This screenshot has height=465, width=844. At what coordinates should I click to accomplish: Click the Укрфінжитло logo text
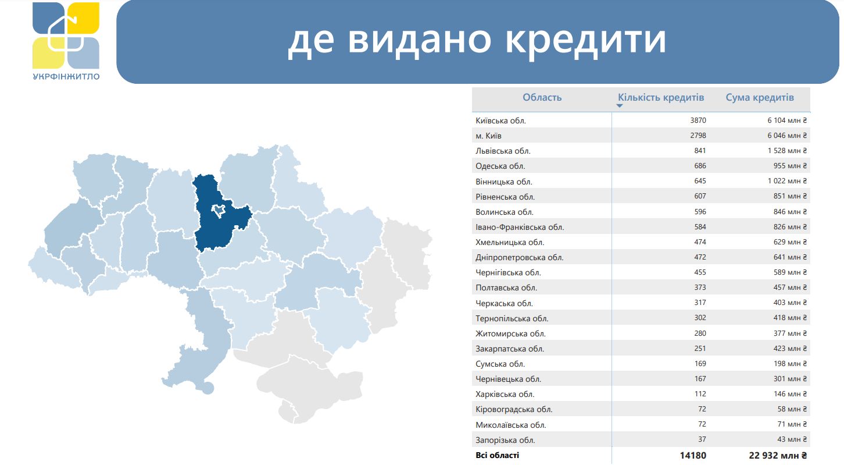coord(66,77)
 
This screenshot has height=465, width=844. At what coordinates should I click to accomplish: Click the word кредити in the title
coord(585,40)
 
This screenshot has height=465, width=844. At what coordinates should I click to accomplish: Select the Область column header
coord(542,97)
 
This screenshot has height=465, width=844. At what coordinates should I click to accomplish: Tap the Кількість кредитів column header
coord(661,97)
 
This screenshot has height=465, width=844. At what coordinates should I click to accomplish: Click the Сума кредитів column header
coord(760,97)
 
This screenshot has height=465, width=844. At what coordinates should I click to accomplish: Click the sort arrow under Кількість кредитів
coord(620,106)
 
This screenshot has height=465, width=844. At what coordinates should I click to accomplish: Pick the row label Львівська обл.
coord(503,151)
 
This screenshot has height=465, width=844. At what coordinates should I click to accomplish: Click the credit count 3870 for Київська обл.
coord(698,120)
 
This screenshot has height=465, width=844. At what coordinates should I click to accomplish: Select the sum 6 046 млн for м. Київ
coord(787,136)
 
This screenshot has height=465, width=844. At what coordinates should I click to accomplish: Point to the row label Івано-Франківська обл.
coord(520,227)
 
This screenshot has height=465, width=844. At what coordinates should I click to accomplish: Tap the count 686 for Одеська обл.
coord(700,165)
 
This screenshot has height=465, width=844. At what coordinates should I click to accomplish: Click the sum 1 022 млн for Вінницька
coord(787,181)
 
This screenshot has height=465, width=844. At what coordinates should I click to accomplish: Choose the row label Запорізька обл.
coord(505,440)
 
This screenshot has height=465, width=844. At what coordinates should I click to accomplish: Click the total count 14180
coord(693,456)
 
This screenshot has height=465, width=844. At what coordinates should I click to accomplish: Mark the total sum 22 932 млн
coord(778,456)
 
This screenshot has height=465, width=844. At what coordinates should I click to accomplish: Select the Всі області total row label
coord(498,455)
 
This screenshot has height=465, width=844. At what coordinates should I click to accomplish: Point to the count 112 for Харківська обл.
coord(700,394)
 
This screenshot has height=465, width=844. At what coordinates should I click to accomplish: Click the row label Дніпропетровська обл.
coord(520,258)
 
